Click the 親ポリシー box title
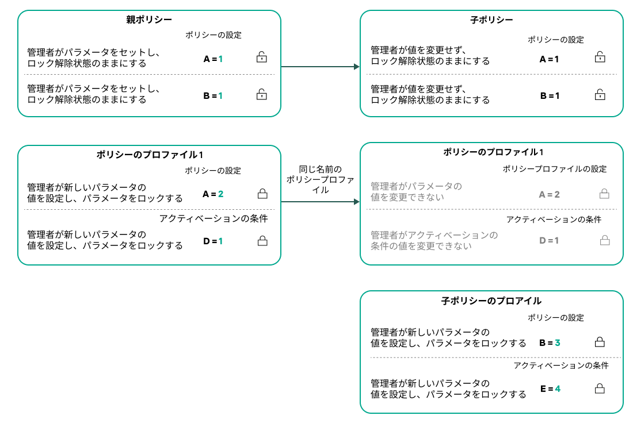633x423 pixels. pyautogui.click(x=149, y=20)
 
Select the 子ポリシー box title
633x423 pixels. pyautogui.click(x=491, y=20)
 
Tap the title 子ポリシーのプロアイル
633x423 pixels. pyautogui.click(x=491, y=301)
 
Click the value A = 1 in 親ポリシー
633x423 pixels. pyautogui.click(x=213, y=59)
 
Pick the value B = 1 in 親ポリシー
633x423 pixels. pyautogui.click(x=213, y=95)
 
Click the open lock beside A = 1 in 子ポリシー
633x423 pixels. pyautogui.click(x=600, y=57)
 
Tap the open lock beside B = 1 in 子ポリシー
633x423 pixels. pyautogui.click(x=600, y=94)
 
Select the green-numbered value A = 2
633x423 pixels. pyautogui.click(x=213, y=194)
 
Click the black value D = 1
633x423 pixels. pyautogui.click(x=213, y=241)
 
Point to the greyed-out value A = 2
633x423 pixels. pyautogui.click(x=549, y=195)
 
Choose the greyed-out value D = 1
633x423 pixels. pyautogui.click(x=549, y=240)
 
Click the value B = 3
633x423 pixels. pyautogui.click(x=550, y=343)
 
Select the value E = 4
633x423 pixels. pyautogui.click(x=550, y=389)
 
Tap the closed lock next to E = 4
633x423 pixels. pyautogui.click(x=599, y=389)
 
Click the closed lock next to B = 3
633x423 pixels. pyautogui.click(x=599, y=343)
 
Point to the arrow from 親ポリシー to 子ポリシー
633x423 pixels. pyautogui.click(x=319, y=67)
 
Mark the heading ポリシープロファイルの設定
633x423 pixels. pyautogui.click(x=555, y=169)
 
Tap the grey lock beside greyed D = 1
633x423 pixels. pyautogui.click(x=604, y=241)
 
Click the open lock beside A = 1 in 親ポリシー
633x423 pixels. pyautogui.click(x=261, y=57)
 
